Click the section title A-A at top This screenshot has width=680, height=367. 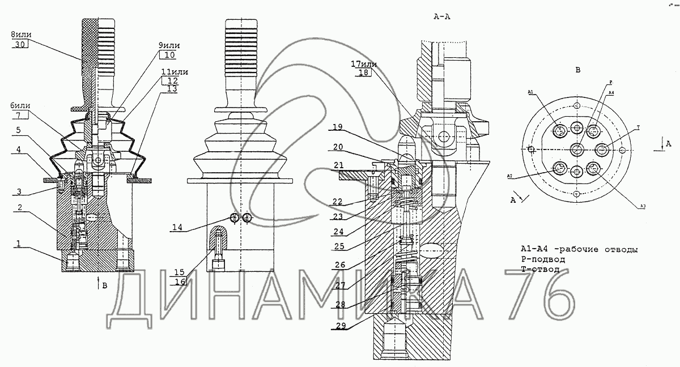pyautogui.click(x=441, y=16)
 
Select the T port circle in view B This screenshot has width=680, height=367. pyautogui.click(x=602, y=150)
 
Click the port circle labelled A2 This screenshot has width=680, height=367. pyautogui.click(x=559, y=169)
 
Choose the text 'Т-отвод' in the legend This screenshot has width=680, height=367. pyautogui.click(x=539, y=269)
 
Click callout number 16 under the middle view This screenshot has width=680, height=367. pyautogui.click(x=180, y=282)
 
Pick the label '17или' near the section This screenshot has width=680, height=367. pyautogui.click(x=362, y=65)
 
